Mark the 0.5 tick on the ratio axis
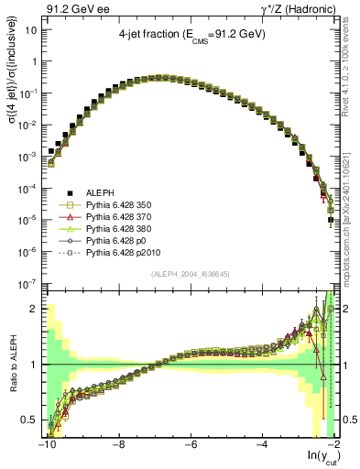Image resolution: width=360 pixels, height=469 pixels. pyautogui.click(x=33, y=420)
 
